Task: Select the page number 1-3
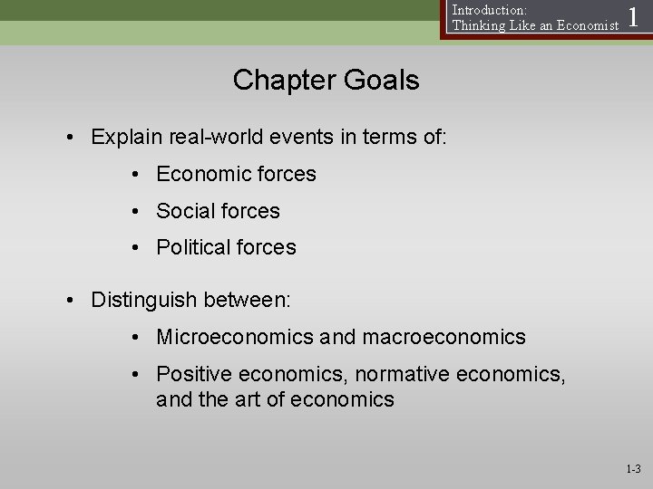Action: tap(632, 469)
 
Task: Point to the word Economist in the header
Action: tap(579, 25)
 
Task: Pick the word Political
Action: tap(192, 247)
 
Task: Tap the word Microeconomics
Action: tap(235, 338)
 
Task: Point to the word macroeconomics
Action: tap(443, 338)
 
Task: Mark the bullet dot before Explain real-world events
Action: tap(70, 138)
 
